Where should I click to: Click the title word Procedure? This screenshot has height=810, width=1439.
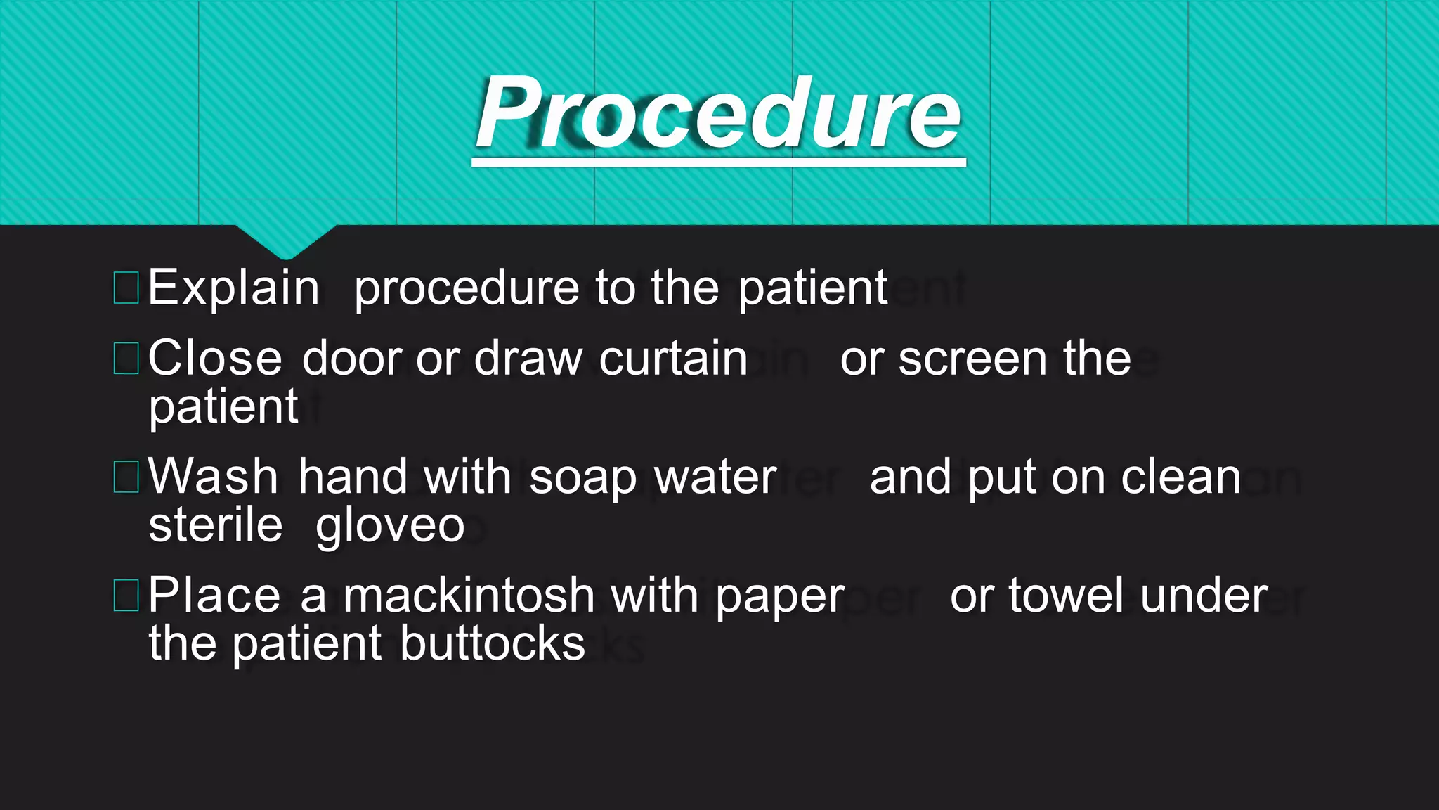tap(718, 114)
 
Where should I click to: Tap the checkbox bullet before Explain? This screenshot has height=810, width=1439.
tap(126, 288)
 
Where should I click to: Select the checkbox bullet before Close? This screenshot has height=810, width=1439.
tap(126, 358)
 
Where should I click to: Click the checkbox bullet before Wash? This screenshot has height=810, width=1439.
tap(126, 477)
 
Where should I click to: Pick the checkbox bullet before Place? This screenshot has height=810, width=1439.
tap(126, 595)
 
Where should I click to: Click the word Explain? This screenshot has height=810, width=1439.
tap(233, 288)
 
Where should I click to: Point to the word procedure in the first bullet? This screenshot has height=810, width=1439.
tap(467, 288)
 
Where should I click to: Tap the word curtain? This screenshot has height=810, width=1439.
tap(673, 359)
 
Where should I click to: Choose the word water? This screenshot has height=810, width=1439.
tap(715, 477)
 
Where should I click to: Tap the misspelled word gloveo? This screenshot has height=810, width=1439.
tap(390, 526)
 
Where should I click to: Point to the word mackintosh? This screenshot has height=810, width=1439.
tap(469, 595)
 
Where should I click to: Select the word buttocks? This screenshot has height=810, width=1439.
tap(493, 643)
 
